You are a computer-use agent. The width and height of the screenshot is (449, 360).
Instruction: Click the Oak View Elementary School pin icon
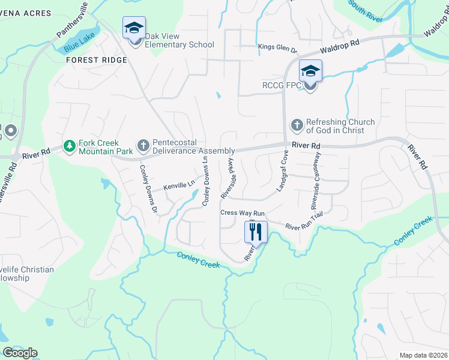pyautogui.click(x=134, y=28)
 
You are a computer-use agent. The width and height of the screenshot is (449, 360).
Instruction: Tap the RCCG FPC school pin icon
pyautogui.click(x=310, y=71)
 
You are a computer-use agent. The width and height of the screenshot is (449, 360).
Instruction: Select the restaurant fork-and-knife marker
pyautogui.click(x=256, y=232)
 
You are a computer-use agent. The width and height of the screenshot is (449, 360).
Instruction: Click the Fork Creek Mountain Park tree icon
pyautogui.click(x=70, y=146)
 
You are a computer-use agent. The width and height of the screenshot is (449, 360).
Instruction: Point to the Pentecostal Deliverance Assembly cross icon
pyautogui.click(x=143, y=145)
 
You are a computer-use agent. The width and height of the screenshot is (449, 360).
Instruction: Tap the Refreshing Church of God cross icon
pyautogui.click(x=297, y=125)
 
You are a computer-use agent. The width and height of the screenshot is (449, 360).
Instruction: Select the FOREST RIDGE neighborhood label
pyautogui.click(x=97, y=60)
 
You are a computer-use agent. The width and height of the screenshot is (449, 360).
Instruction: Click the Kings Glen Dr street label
pyautogui.click(x=277, y=47)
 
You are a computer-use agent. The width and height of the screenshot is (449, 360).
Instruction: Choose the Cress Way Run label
pyautogui.click(x=243, y=213)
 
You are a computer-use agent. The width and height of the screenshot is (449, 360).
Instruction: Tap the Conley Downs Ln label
pyautogui.click(x=205, y=180)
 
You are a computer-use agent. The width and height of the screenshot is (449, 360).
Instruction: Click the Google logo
pyautogui.click(x=20, y=353)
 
